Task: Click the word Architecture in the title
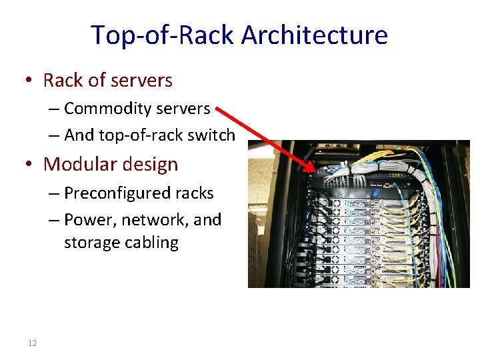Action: [315, 35]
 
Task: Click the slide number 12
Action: [32, 343]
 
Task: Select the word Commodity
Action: [103, 108]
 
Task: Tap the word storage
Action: [92, 242]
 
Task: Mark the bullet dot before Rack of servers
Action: [28, 81]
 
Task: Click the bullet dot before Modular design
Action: [28, 165]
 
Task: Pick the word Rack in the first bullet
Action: [63, 81]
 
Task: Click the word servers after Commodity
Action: [184, 108]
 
